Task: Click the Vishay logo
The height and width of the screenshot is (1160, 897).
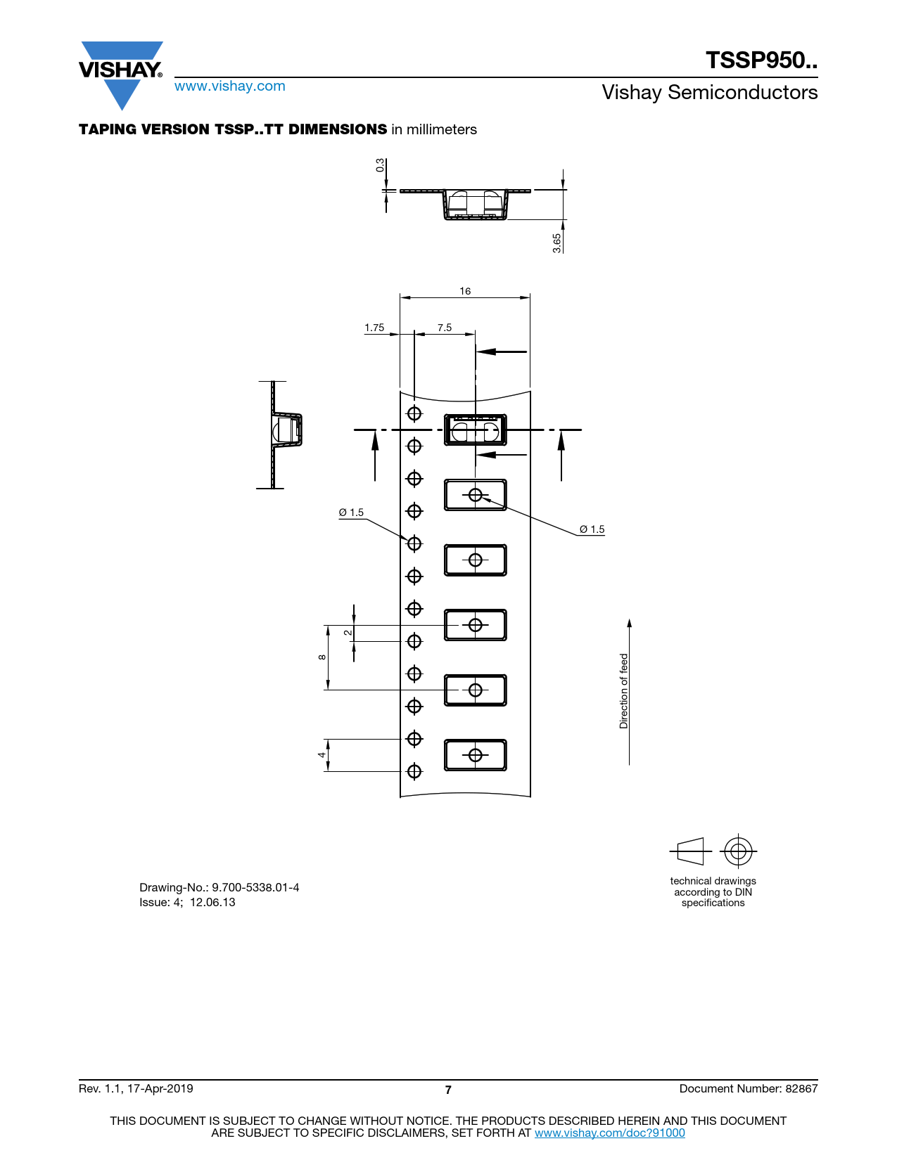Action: [x=121, y=75]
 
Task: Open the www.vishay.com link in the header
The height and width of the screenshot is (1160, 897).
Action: [x=230, y=86]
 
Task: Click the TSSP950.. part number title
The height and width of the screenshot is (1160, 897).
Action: [x=761, y=60]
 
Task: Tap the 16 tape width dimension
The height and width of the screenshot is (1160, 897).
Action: [x=465, y=291]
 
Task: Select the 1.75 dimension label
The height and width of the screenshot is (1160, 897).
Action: [x=374, y=328]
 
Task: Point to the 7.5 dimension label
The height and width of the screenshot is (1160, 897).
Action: [x=445, y=328]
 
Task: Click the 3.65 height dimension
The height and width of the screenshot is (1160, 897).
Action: [x=556, y=243]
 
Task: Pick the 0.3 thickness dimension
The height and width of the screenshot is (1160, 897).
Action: [x=380, y=165]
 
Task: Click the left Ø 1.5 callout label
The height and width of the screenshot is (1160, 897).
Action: [x=351, y=513]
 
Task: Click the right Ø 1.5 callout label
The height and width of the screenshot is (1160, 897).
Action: [x=592, y=529]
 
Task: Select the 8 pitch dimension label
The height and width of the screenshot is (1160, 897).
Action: [x=322, y=657]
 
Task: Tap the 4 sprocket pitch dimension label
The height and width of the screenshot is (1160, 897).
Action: [x=322, y=755]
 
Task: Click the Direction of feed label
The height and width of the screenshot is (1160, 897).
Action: [x=623, y=691]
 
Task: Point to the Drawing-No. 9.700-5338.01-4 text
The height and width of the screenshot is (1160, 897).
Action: [x=219, y=887]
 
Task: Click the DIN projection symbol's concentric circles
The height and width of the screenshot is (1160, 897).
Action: [x=738, y=851]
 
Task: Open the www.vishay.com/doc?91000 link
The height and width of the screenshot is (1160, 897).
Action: [x=609, y=1133]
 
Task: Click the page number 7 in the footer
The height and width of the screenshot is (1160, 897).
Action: [x=448, y=1090]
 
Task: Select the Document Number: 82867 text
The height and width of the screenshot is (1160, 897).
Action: [x=749, y=1088]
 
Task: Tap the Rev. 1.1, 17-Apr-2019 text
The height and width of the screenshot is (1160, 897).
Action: [x=136, y=1088]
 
